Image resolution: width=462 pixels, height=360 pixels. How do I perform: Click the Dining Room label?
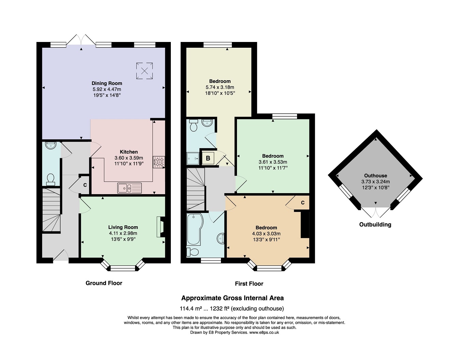[107, 83]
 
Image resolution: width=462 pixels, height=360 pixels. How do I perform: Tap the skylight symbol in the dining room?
[145, 71]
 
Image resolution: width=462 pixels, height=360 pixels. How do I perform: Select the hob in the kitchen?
[159, 162]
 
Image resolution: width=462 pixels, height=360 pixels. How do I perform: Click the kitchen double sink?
[130, 188]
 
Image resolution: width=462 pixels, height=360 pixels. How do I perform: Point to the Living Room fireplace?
[161, 227]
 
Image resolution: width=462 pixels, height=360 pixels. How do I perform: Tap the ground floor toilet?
[50, 180]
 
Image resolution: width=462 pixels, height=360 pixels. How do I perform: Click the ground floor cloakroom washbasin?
[50, 145]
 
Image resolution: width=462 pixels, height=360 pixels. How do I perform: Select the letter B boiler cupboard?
[208, 158]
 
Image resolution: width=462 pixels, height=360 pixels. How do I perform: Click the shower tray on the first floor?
[193, 159]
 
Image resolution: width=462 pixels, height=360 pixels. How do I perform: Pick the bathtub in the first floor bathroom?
[195, 229]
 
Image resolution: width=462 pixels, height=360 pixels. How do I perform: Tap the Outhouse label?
[375, 175]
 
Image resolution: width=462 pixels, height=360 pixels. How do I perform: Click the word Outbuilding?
[375, 225]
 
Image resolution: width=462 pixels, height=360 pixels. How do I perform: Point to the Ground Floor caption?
[104, 283]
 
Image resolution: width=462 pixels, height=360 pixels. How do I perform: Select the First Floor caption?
[249, 284]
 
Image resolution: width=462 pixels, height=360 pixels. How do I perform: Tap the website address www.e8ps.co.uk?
[264, 332]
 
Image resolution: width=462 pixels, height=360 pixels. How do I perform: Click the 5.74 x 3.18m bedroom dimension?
[220, 87]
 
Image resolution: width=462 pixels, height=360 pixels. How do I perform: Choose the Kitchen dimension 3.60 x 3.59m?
[129, 158]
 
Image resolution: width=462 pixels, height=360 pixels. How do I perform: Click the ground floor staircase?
[51, 210]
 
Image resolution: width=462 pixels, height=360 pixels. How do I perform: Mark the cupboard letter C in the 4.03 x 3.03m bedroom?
[303, 203]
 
